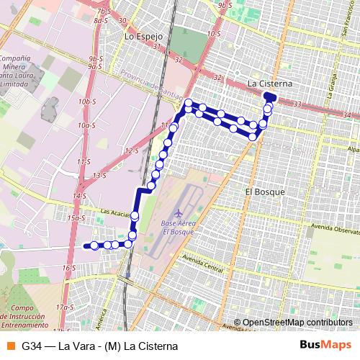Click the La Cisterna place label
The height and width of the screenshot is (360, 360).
pos(269,83)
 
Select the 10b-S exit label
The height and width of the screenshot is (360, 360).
pos(89,102)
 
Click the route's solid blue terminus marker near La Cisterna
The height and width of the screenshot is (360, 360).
pos(269,96)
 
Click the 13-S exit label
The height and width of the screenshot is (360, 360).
pos(99,175)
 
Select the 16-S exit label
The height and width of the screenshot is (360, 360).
pos(69,268)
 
